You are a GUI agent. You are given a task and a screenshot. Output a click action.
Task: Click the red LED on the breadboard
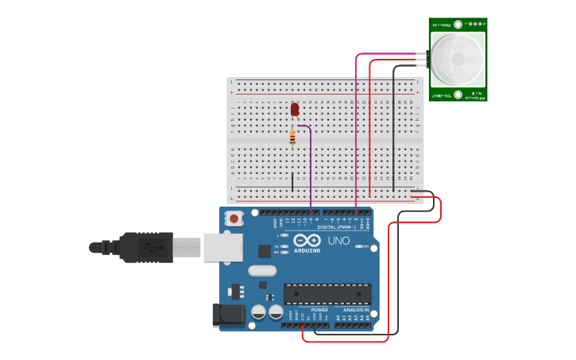coord(295,110)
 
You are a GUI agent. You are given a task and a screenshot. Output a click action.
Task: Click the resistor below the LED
coord(292,137)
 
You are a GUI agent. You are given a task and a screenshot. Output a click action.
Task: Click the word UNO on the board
coord(338,240)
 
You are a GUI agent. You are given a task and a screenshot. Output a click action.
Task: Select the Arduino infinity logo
coord(307,240)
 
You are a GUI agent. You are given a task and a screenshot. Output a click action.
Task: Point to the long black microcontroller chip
coord(327,293)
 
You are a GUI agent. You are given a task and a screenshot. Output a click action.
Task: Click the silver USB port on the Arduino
coord(222,247)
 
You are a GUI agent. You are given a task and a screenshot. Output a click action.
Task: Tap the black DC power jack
coord(228,315)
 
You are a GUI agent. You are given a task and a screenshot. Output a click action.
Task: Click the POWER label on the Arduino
coord(309,310)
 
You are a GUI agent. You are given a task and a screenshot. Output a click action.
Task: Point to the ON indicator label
coord(366,246)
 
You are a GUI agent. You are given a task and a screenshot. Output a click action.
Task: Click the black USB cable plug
coord(147,246)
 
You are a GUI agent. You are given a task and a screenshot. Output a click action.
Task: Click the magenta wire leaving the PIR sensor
coord(356,127)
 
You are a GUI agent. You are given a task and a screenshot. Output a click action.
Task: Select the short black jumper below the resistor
coord(292,182)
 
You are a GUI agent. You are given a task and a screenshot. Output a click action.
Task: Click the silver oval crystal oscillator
coord(262,270)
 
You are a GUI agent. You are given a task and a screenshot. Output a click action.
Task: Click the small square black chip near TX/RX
coord(265,251)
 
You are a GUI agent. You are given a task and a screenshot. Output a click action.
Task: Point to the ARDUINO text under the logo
coord(307,251)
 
